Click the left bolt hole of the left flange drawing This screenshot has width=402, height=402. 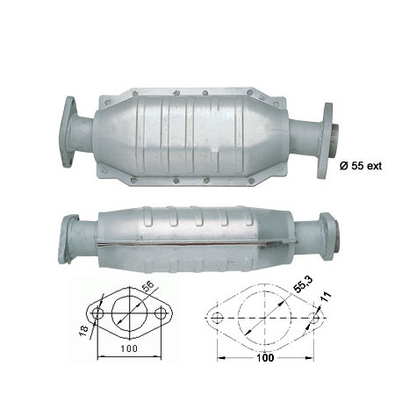(97, 314)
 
